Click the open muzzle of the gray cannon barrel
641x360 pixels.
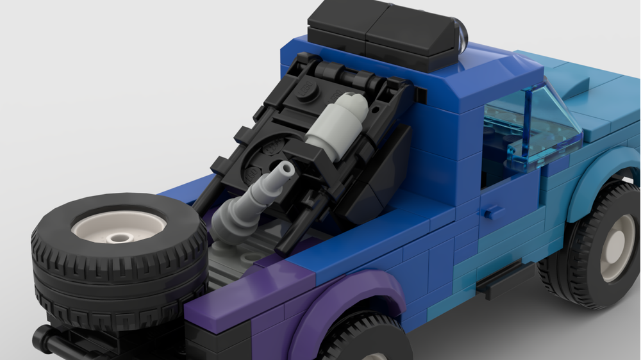tap(285, 168)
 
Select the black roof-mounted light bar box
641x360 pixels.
tap(378, 32)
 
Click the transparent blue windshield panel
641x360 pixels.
tap(535, 128)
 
